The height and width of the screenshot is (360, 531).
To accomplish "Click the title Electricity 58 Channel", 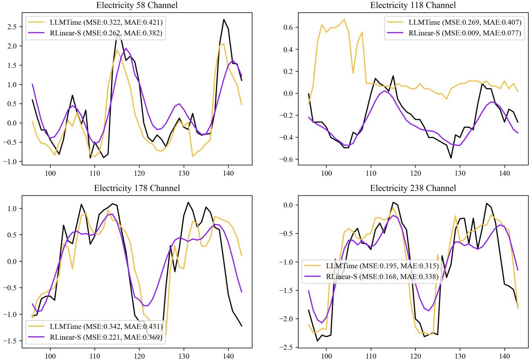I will click(136, 5).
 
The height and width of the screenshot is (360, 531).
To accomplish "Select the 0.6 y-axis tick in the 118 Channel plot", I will click(286, 27).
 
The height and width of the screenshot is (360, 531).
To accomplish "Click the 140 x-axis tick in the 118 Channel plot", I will click(504, 174).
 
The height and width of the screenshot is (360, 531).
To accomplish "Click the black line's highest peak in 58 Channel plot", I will click(224, 19).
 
